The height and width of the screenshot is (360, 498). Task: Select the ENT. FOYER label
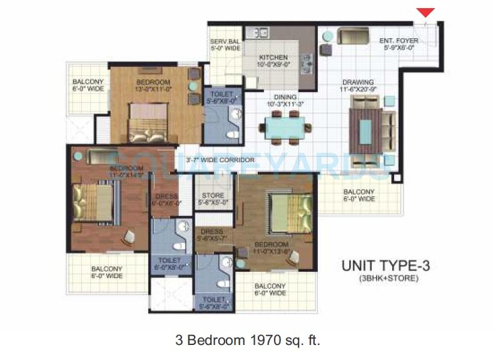pyautogui.click(x=399, y=42)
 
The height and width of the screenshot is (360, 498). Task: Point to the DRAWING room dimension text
pyautogui.click(x=357, y=90)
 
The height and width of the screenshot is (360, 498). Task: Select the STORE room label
pyautogui.click(x=213, y=196)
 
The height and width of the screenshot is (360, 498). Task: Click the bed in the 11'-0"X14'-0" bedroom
pyautogui.click(x=94, y=203)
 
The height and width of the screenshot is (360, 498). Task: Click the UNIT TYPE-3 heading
pyautogui.click(x=385, y=265)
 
